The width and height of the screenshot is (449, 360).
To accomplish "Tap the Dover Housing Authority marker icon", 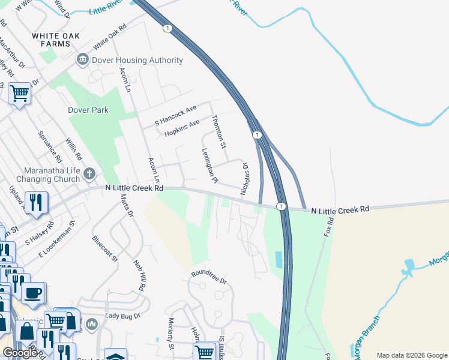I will point(82,60).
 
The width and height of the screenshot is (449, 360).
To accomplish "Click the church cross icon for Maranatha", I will point(89,174).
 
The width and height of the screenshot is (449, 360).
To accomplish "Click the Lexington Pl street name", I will point(209,166).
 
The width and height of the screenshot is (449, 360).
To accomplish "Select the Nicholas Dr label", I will point(244,178).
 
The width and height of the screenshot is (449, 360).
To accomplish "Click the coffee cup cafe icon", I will point(33,292).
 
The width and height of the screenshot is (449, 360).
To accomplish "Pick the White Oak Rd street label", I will point(110,38).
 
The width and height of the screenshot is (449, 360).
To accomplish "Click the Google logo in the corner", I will point(20,353).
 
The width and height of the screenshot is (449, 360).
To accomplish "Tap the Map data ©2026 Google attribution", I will point(411,355).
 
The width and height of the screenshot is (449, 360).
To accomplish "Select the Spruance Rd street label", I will point(49,148).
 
